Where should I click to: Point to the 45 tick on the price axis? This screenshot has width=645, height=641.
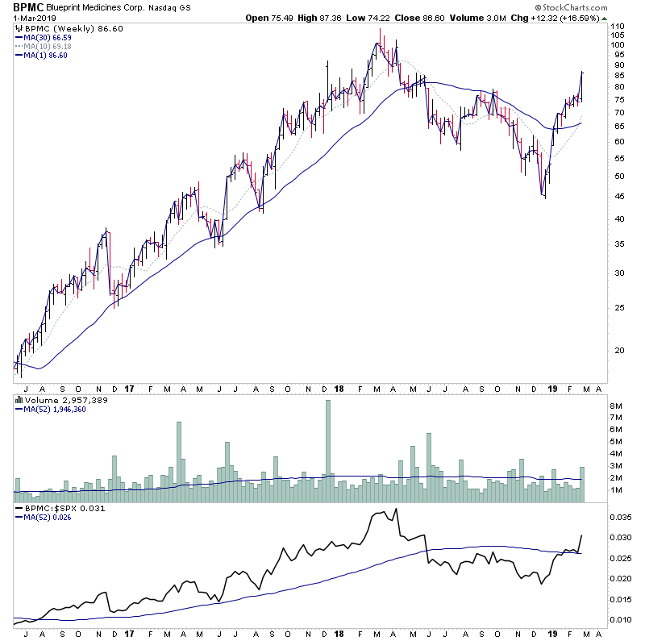[617, 197]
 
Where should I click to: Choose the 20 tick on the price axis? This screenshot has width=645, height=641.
[617, 351]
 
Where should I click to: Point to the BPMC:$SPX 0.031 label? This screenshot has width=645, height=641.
[53, 510]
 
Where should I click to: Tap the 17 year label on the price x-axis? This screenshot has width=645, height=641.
[129, 387]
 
